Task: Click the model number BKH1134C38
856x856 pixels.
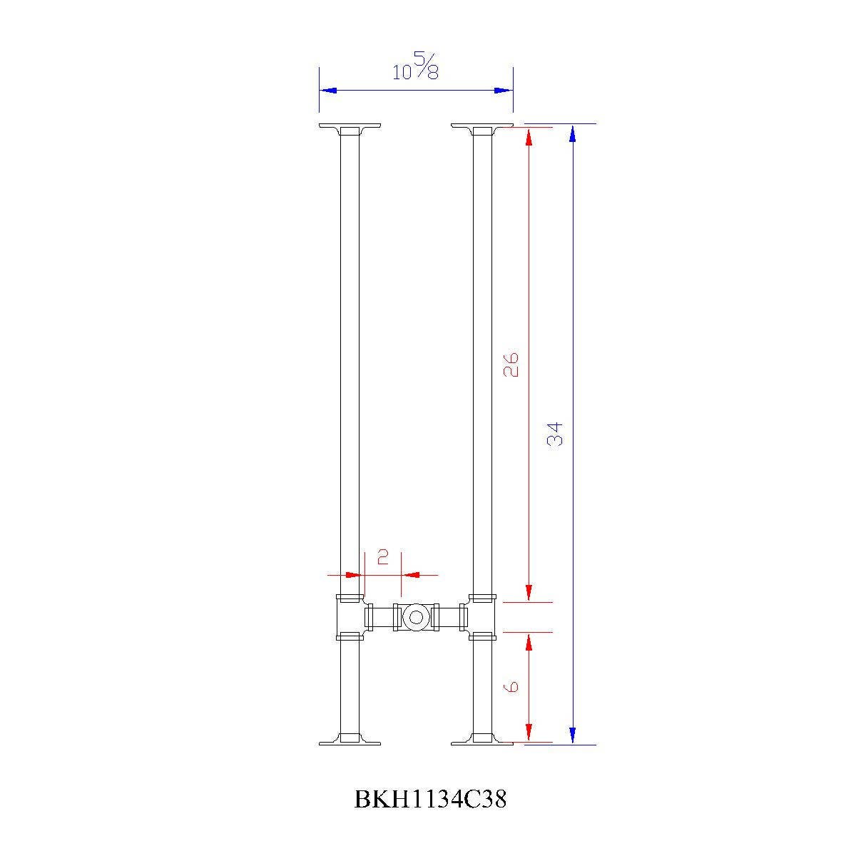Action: coord(430,800)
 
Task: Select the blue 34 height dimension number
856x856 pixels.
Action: coord(555,434)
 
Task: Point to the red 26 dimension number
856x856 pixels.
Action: coord(511,364)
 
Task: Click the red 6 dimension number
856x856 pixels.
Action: coord(511,686)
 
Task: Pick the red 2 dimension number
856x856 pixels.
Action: coord(382,556)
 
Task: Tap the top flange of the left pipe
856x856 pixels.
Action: coord(350,128)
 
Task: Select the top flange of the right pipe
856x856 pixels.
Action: coord(482,128)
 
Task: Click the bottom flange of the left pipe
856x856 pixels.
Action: coord(350,740)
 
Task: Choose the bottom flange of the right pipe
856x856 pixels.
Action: coord(482,740)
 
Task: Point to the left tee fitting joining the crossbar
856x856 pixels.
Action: coord(350,617)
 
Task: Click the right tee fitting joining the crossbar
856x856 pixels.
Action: coord(482,617)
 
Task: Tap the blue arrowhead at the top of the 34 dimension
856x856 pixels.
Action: coord(572,133)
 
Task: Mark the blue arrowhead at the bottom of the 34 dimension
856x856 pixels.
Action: coord(572,735)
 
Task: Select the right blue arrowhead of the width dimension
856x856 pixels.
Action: coord(504,91)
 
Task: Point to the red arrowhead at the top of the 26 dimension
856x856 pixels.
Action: coord(529,136)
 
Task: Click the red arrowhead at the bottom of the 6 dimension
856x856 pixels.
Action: coord(529,733)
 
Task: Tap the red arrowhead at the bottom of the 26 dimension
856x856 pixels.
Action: coord(529,593)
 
